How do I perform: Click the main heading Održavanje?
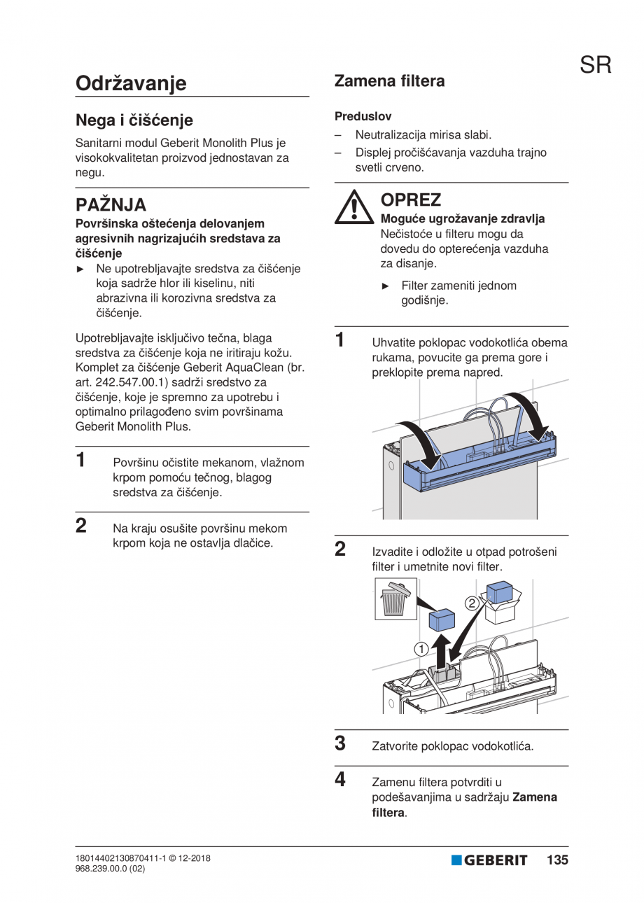pyautogui.click(x=131, y=83)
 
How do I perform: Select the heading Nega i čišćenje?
pyautogui.click(x=134, y=120)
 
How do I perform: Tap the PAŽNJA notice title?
pyautogui.click(x=111, y=205)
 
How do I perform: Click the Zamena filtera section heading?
pyautogui.click(x=389, y=81)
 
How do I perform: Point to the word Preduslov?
pyautogui.click(x=363, y=116)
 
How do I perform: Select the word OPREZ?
pyautogui.click(x=410, y=200)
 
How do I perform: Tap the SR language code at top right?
pyautogui.click(x=595, y=65)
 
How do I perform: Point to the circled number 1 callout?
pyautogui.click(x=421, y=649)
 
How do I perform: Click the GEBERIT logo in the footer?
pyautogui.click(x=489, y=860)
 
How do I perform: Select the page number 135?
pyautogui.click(x=557, y=860)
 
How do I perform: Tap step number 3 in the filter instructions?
pyautogui.click(x=340, y=743)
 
